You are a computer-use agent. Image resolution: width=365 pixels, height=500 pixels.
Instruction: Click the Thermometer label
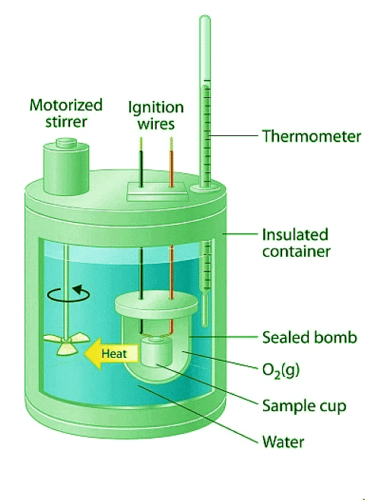[x=312, y=136]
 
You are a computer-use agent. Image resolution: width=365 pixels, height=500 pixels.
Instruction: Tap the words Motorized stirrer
[x=66, y=113]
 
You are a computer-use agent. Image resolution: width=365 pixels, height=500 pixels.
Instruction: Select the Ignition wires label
[x=156, y=115]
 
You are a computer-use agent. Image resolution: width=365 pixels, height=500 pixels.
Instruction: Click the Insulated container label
[x=296, y=243]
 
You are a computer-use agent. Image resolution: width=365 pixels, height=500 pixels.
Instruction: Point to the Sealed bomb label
[x=309, y=337]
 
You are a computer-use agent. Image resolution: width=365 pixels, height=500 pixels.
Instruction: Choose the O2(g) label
[x=281, y=370]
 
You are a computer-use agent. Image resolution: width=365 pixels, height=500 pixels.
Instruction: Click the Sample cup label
[x=304, y=406]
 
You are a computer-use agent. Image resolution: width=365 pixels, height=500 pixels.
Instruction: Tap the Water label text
[x=283, y=442]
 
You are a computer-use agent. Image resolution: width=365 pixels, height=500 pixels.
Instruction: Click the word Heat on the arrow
[x=114, y=353]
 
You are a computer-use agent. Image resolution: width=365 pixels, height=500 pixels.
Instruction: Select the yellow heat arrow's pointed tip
[x=85, y=353]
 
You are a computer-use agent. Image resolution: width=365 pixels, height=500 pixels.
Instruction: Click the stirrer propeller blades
[x=66, y=343]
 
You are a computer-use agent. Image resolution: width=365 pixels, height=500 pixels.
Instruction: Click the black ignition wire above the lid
[x=141, y=163]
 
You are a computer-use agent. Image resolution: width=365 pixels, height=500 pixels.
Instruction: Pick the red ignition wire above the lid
[x=171, y=163]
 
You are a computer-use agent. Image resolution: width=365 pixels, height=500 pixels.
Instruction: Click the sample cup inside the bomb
[x=157, y=352]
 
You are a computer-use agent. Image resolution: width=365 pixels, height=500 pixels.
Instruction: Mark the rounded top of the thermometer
[x=205, y=18]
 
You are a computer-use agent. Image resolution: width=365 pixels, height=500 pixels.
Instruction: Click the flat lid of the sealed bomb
[x=157, y=303]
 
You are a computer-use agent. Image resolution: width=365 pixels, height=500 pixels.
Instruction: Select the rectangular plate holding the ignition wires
[x=157, y=191]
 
